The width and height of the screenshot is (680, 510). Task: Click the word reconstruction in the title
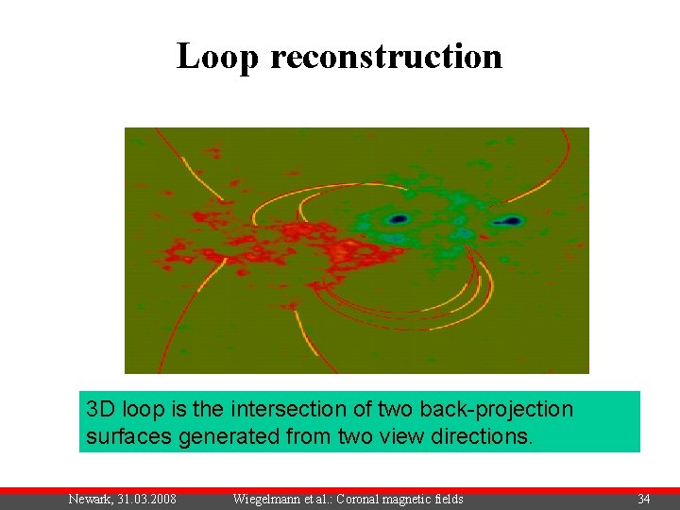[x=386, y=57]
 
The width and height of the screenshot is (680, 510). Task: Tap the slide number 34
[x=643, y=499]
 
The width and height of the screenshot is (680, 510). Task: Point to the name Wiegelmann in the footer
[x=267, y=499]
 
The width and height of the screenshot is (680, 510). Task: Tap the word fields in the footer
[x=446, y=499]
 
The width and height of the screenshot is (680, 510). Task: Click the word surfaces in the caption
[x=122, y=438]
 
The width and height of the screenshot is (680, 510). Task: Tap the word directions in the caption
[x=484, y=438]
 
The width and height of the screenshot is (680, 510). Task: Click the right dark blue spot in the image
[x=511, y=221]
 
